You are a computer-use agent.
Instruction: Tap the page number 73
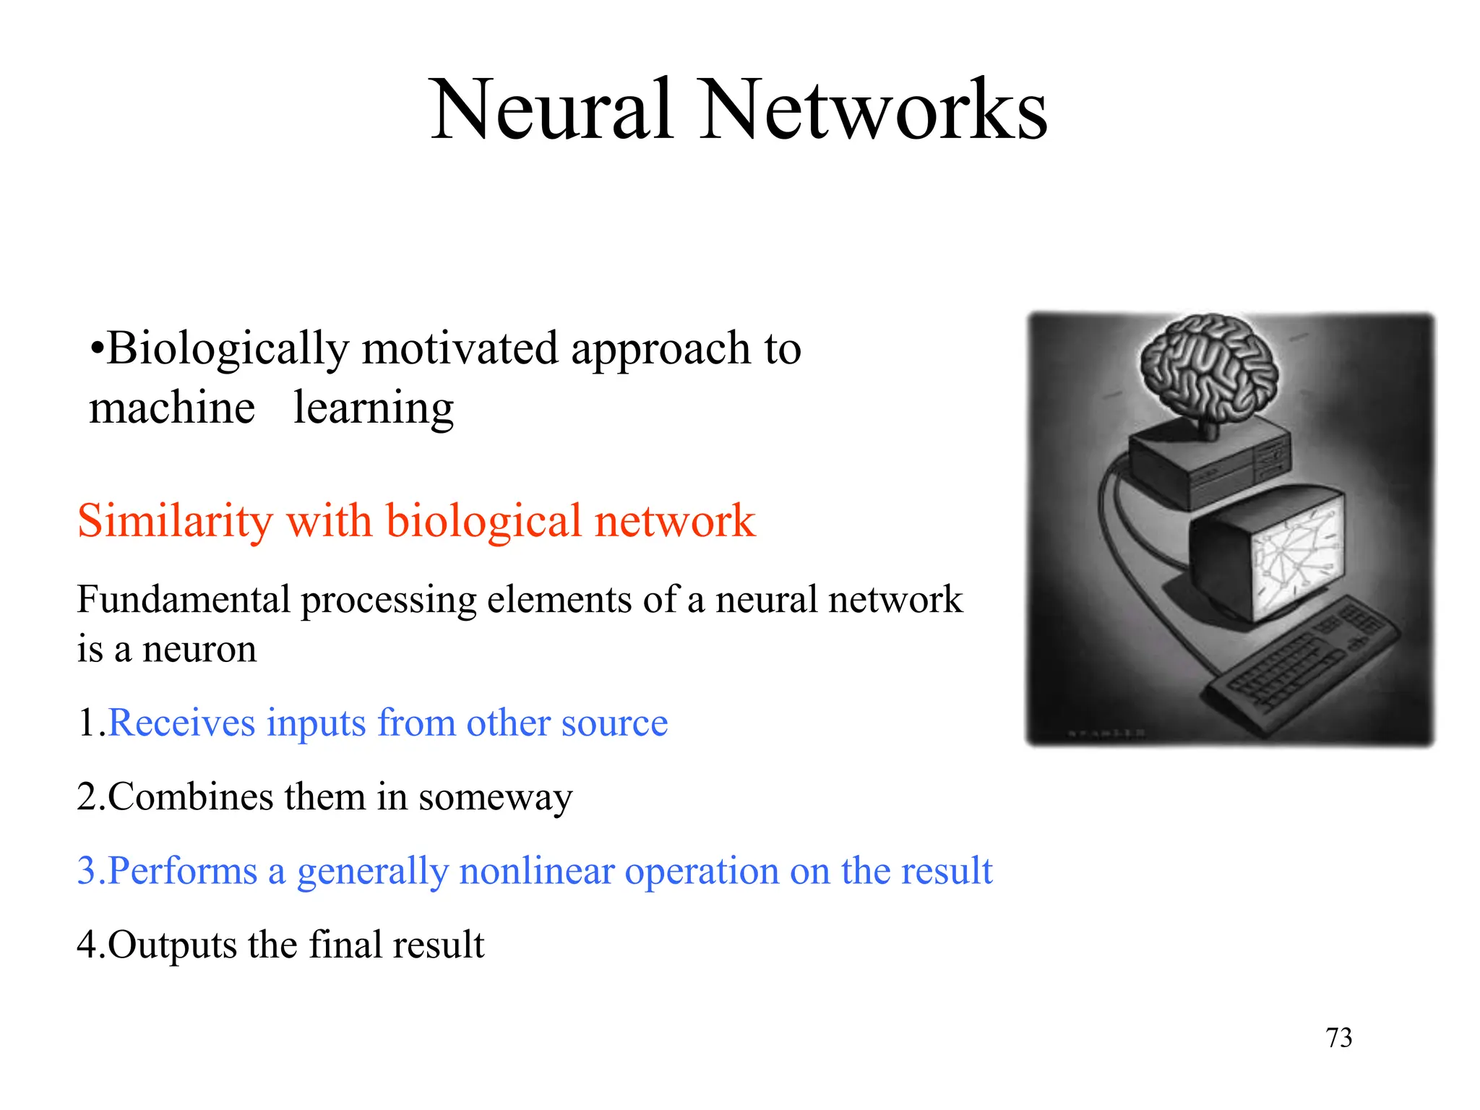coord(1338,1038)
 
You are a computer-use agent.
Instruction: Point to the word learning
coord(374,408)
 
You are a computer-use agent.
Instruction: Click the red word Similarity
coord(174,520)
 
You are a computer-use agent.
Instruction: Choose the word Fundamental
coord(184,599)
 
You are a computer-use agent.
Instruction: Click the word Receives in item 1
coord(181,723)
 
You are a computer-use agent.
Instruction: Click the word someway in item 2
coord(495,798)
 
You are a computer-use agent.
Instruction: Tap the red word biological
coord(483,520)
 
